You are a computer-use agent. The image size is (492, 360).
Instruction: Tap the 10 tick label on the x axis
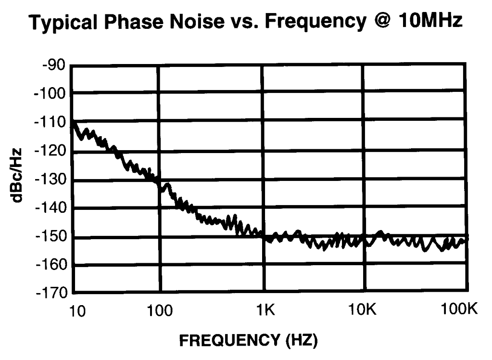click(76, 311)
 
